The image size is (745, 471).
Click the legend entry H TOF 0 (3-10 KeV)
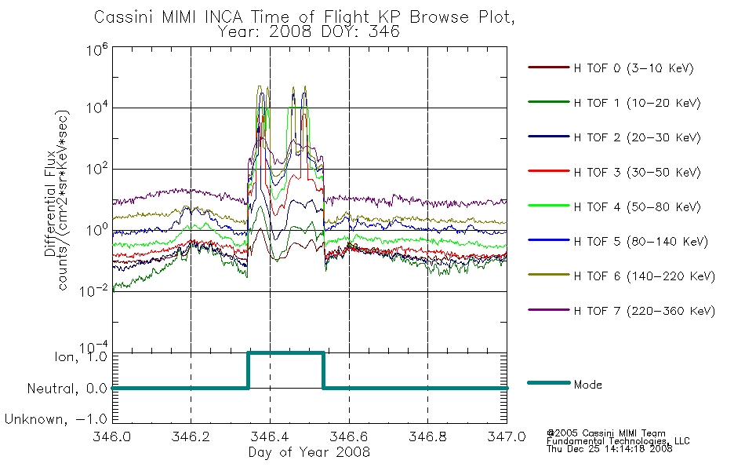click(634, 68)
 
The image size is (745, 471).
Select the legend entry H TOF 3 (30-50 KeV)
click(637, 172)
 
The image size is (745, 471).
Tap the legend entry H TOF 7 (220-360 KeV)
click(645, 311)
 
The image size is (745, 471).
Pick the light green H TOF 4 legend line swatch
click(548, 206)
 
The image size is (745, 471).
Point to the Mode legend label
click(587, 385)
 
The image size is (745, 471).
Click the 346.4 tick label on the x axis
click(270, 436)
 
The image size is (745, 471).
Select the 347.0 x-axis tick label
click(507, 436)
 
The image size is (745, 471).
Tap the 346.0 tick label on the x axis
click(111, 436)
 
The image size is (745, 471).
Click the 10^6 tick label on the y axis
click(97, 49)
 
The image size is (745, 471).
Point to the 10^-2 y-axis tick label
click(94, 290)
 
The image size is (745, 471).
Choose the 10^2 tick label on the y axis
click(97, 169)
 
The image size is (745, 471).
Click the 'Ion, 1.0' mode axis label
click(81, 356)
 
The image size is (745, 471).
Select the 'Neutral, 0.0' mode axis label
click(67, 389)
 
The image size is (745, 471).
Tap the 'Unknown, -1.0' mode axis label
click(56, 419)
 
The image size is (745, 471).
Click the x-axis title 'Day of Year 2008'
click(309, 452)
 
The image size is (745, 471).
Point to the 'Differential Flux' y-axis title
click(50, 203)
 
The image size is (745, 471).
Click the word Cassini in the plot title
click(125, 17)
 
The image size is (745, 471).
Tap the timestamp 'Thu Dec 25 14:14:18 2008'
click(609, 449)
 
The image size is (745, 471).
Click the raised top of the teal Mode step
click(285, 353)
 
